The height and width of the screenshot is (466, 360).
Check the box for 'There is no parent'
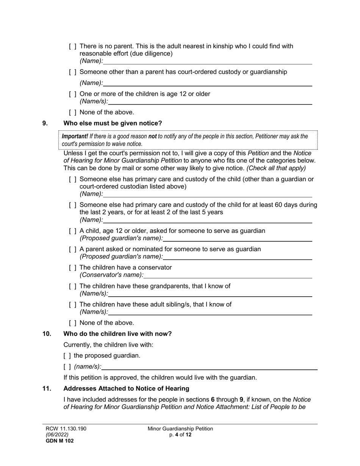coord(73,47)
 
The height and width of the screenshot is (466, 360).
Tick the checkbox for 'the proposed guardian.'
coord(67,356)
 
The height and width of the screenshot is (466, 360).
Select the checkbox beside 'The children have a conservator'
coord(73,268)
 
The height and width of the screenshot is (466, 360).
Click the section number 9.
coord(45,123)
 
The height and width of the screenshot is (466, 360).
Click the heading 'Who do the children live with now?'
coord(117,334)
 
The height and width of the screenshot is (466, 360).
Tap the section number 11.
coord(47,388)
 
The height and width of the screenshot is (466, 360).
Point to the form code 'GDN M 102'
coord(58,441)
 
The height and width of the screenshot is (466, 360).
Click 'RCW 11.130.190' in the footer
coord(64,428)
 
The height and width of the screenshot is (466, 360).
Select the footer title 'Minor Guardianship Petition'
coord(180,428)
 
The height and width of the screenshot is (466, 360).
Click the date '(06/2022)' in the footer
coord(55,435)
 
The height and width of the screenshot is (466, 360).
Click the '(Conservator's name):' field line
coord(228,276)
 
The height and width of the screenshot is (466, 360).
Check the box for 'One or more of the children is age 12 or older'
coord(73,94)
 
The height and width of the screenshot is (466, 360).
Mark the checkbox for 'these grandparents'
coord(73,286)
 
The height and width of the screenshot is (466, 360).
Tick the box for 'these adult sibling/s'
coord(73,305)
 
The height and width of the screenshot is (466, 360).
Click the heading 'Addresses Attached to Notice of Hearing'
coord(126,388)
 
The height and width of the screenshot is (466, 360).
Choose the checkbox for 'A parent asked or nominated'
coord(73,249)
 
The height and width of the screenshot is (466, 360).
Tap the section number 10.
coord(47,334)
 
